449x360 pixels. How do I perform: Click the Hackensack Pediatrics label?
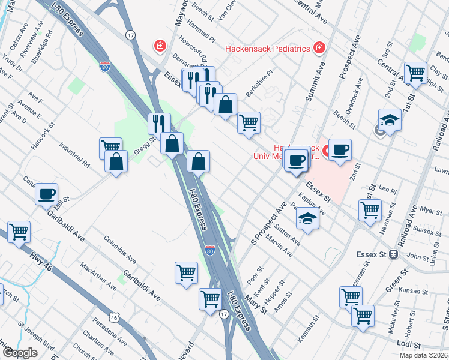pyautogui.click(x=267, y=49)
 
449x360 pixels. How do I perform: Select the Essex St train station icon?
pyautogui.click(x=393, y=254)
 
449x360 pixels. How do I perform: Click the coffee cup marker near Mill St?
pyautogui.click(x=46, y=194)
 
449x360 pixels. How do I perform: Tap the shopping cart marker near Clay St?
pyautogui.click(x=415, y=73)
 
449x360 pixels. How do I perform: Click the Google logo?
pyautogui.click(x=20, y=353)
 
